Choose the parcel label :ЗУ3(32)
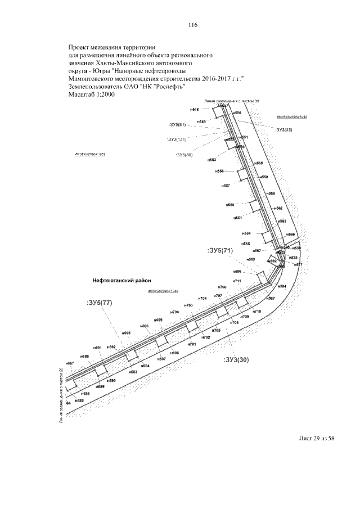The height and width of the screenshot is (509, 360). [x=284, y=130]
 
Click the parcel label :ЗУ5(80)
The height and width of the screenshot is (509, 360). [x=184, y=155]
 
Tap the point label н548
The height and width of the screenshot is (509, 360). [x=195, y=109]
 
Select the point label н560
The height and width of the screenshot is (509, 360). [x=229, y=205]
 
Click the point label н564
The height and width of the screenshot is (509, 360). [x=246, y=232]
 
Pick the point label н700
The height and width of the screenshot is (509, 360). [x=174, y=312]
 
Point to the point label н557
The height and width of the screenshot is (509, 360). [x=226, y=185]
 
